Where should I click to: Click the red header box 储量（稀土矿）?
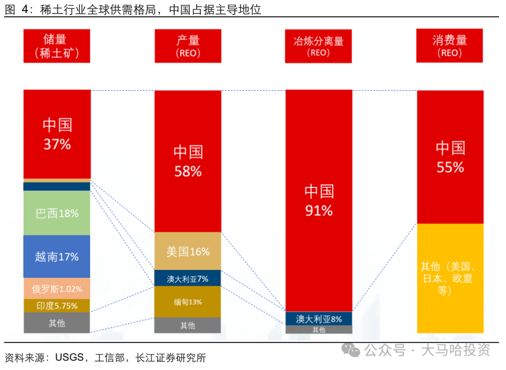pyautogui.click(x=57, y=46)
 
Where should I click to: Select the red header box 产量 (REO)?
pyautogui.click(x=188, y=46)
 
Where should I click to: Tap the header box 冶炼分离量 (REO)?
pyautogui.click(x=319, y=46)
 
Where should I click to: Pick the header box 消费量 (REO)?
pyautogui.click(x=450, y=46)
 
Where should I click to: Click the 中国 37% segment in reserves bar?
pyautogui.click(x=57, y=134)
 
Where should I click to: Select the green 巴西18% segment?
pyautogui.click(x=57, y=213)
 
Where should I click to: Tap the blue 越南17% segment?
pyautogui.click(x=57, y=257)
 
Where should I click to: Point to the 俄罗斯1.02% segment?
pyautogui.click(x=57, y=289)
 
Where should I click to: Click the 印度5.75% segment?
pyautogui.click(x=57, y=306)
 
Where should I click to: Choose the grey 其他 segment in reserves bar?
pyautogui.click(x=57, y=323)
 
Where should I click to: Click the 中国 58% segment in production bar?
pyautogui.click(x=188, y=161)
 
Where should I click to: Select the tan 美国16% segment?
pyautogui.click(x=188, y=251)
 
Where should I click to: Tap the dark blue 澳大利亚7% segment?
pyautogui.click(x=188, y=279)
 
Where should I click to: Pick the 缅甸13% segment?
pyautogui.click(x=188, y=302)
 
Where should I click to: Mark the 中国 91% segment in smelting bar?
pyautogui.click(x=319, y=200)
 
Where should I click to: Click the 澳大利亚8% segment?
pyautogui.click(x=319, y=319)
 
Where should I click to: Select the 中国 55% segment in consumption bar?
pyautogui.click(x=450, y=157)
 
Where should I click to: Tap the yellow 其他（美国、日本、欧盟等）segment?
pyautogui.click(x=450, y=279)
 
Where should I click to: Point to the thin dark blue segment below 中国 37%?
pyautogui.click(x=57, y=187)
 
